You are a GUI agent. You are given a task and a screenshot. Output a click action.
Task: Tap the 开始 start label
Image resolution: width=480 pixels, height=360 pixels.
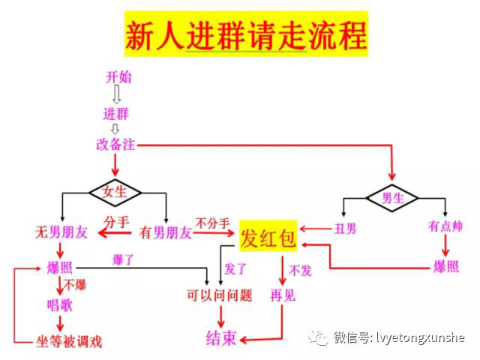pos(115,77)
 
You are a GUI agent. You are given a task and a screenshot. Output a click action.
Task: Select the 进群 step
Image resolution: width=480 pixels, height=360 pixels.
pos(115,114)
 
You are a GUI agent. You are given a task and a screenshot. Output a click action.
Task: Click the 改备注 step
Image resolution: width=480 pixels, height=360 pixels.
pos(115,145)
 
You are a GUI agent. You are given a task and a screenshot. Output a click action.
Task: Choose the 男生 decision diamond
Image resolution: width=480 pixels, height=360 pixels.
pos(393,199)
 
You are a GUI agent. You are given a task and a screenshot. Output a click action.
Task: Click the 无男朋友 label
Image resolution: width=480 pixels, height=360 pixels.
pos(61,232)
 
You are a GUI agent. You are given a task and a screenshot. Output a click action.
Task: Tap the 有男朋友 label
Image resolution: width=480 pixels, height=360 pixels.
pos(166,232)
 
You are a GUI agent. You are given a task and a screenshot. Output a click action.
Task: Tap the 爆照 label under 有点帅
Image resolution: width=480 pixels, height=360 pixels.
pos(445,266)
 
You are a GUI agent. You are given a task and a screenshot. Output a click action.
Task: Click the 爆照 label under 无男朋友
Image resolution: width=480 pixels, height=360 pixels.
pos(60,267)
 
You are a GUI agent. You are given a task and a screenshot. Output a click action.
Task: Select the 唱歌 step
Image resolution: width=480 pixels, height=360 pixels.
pos(60,304)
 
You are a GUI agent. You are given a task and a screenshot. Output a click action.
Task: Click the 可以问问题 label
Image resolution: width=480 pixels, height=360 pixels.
pos(219,295)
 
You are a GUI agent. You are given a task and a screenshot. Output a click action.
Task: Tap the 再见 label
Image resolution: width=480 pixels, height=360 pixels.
pos(283,295)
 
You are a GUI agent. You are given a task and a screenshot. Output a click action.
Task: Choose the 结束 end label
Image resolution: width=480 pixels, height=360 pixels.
pos(221,338)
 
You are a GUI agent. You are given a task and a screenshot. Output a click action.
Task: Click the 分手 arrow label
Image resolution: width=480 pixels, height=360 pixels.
pos(116,222)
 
